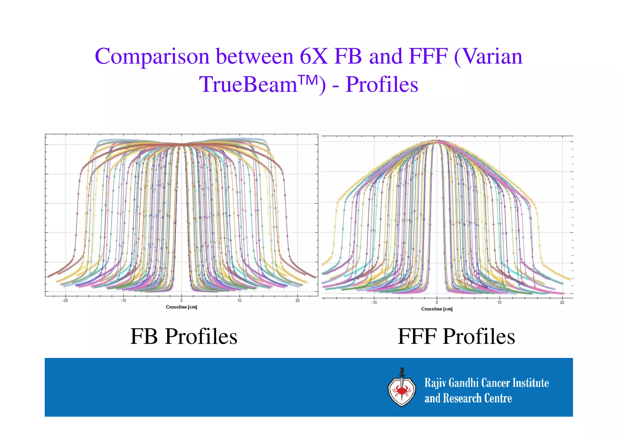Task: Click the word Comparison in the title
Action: click(152, 57)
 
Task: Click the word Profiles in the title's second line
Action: click(382, 85)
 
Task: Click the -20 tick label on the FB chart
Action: click(65, 300)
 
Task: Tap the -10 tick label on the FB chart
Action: click(123, 300)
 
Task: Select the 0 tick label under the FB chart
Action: click(181, 300)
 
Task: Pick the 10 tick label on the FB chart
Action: click(239, 300)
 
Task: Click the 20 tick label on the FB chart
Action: click(297, 300)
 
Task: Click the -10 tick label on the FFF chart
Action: click(374, 302)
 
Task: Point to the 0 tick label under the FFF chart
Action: click(437, 302)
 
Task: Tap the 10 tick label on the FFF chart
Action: click(499, 302)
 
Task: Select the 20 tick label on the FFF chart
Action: click(562, 302)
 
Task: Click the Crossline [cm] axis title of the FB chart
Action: click(181, 307)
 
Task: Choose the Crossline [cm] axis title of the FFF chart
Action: click(437, 309)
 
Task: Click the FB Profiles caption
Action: click(183, 336)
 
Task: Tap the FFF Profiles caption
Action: click(456, 336)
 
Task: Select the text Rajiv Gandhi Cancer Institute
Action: click(486, 383)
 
